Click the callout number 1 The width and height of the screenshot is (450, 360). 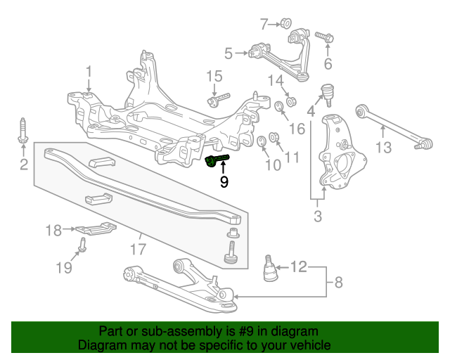tap(89, 71)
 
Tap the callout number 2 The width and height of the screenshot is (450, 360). tap(23, 165)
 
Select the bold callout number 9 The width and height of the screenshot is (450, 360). tap(224, 181)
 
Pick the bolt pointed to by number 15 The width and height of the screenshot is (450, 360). tap(218, 99)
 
